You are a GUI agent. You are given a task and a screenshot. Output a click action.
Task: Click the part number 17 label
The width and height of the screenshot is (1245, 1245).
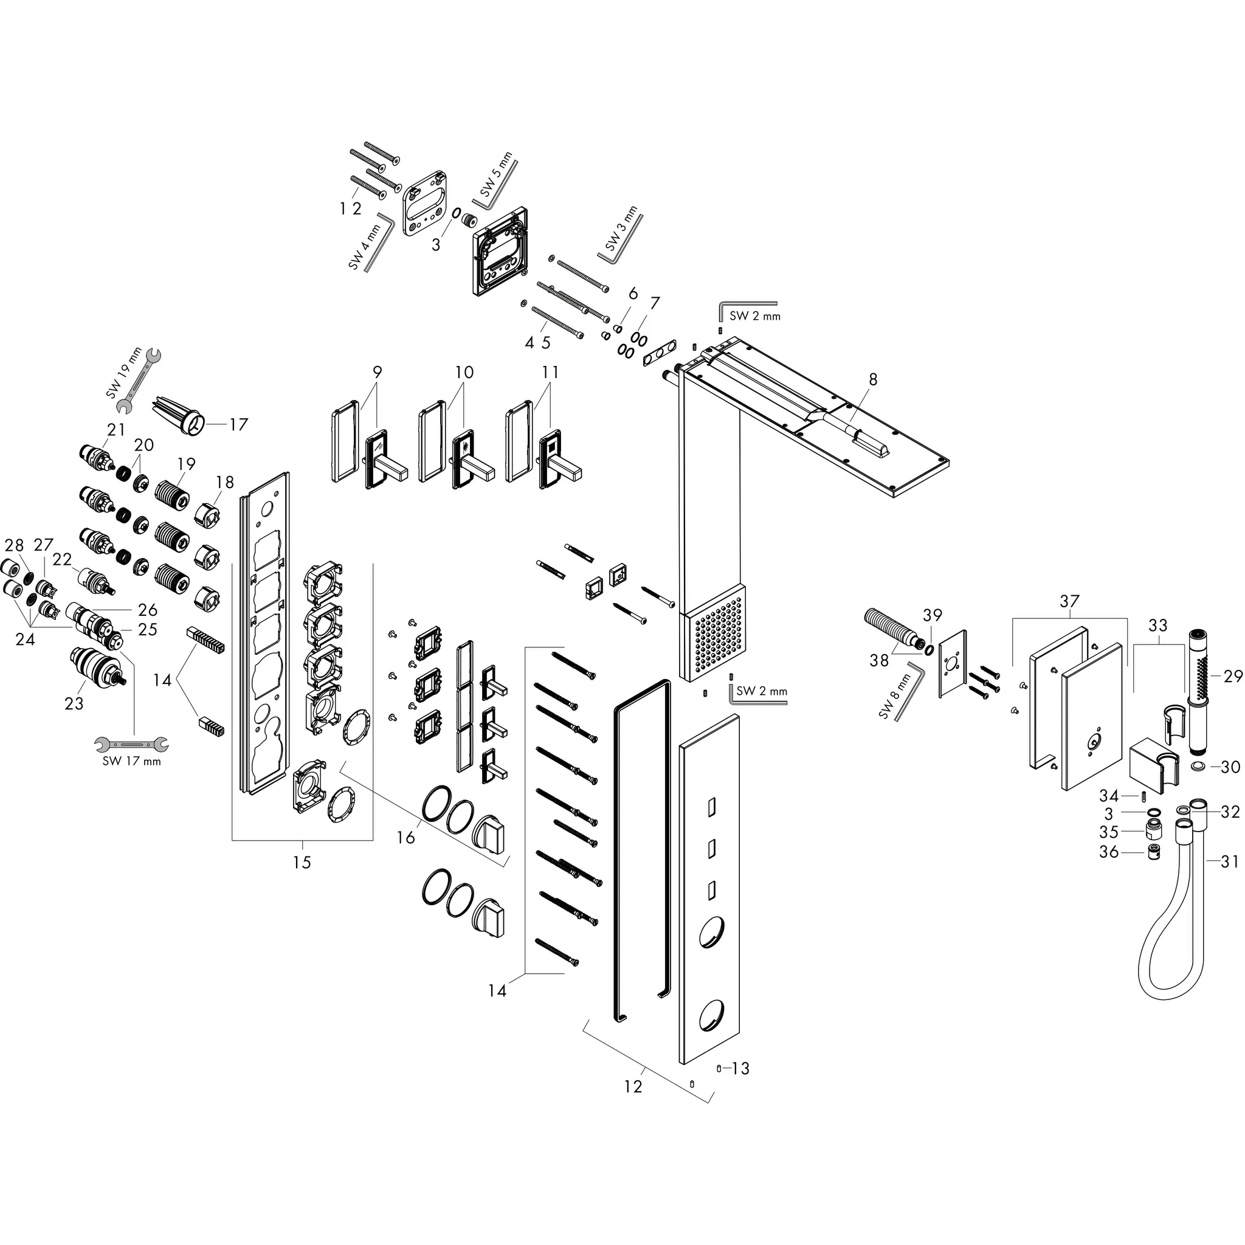(238, 425)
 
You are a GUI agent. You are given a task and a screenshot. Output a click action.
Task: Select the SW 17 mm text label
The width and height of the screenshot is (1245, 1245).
(131, 762)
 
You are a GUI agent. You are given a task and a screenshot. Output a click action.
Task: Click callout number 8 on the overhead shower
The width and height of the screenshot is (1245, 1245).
(872, 379)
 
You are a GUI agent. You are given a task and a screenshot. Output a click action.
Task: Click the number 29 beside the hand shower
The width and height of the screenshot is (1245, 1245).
(1232, 676)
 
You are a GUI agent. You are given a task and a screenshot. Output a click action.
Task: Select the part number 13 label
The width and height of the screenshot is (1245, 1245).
(740, 1069)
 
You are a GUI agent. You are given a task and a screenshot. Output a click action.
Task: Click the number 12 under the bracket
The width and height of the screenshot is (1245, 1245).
(633, 1086)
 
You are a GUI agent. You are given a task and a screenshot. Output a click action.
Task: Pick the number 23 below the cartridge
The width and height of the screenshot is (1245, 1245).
(74, 703)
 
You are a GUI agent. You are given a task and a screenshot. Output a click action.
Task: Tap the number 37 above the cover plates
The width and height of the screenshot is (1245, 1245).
(1069, 601)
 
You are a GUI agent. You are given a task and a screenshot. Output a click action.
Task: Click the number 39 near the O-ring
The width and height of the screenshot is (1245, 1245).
(932, 615)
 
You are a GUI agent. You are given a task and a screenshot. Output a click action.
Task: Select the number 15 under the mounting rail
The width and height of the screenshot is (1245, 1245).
(302, 862)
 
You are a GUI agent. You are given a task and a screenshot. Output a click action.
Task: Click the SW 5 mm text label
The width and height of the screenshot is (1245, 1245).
(496, 175)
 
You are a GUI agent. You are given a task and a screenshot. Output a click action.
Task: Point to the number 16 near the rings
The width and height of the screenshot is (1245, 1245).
(405, 837)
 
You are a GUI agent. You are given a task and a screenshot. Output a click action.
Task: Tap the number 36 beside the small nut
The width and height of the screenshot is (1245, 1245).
(1108, 852)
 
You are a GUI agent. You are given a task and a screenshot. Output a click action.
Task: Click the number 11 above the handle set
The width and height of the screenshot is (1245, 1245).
(550, 373)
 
